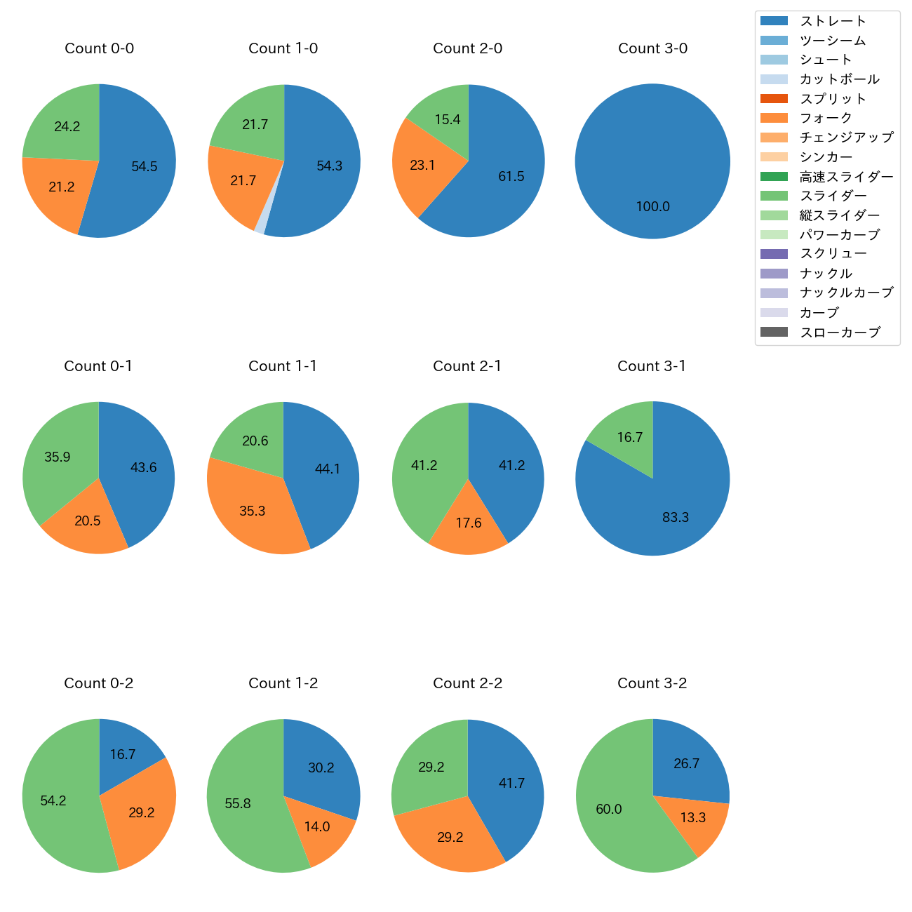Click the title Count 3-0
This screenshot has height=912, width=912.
coord(652,48)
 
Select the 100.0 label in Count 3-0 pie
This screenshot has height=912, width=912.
coord(652,206)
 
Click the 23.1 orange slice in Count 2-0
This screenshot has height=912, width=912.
coord(422,166)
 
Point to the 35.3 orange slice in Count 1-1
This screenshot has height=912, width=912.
coord(252,511)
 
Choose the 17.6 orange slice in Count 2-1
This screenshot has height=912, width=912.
coord(468,523)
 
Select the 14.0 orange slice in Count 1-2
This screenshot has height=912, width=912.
coord(317,826)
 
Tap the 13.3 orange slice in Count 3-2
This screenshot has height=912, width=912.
coord(693,817)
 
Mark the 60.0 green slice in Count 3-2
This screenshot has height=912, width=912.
coord(609,809)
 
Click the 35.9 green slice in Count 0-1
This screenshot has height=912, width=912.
coord(57,457)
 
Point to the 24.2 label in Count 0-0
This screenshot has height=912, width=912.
coord(67,126)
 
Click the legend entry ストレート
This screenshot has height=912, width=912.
coord(833,21)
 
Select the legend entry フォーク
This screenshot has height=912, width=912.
coord(826,118)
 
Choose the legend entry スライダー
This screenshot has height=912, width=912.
coord(833,196)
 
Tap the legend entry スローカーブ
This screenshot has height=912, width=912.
coord(840,333)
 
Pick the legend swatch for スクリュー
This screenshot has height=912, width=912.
coord(774,254)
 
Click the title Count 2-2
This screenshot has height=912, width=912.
coord(467,683)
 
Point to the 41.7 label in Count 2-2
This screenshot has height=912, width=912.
coord(511,783)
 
